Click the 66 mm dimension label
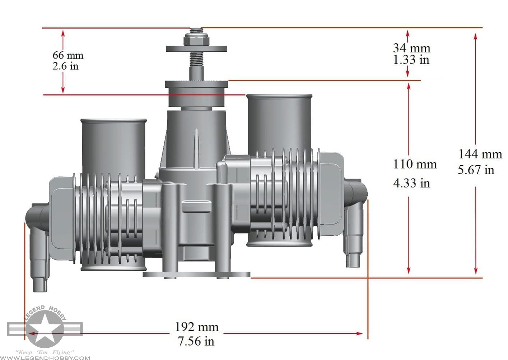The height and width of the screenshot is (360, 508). (68, 55)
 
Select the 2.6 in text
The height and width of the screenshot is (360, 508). (65, 66)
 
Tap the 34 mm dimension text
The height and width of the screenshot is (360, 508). (411, 48)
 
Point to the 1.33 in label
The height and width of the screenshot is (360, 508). (411, 59)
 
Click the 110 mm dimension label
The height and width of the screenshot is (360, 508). (415, 164)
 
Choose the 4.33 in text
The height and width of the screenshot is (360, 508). (411, 183)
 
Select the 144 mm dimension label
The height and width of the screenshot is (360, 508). (480, 154)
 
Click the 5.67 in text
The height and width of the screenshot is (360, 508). (476, 170)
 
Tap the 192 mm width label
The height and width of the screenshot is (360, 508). (196, 327)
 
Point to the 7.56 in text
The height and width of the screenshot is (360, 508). (196, 341)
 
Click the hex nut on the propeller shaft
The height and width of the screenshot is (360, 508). (196, 40)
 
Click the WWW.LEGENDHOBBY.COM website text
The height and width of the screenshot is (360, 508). (45, 357)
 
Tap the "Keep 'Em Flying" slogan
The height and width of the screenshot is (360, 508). (45, 352)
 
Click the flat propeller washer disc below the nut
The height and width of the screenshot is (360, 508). (196, 49)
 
